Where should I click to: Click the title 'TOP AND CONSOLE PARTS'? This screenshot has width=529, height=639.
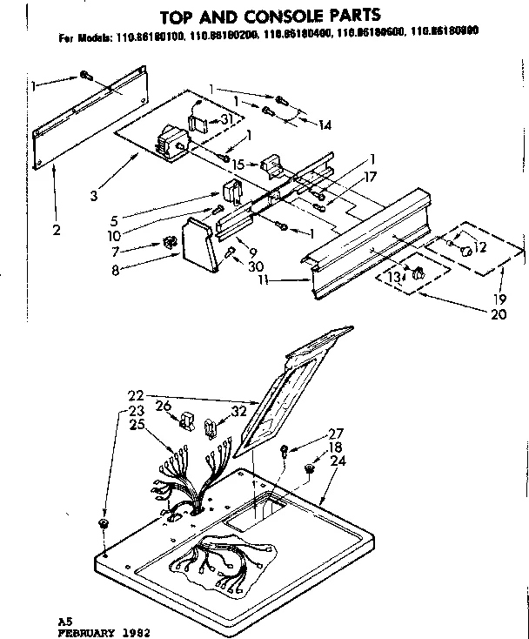click(267, 15)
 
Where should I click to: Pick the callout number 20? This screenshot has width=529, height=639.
click(498, 315)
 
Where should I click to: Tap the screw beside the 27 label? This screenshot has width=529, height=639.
click(284, 453)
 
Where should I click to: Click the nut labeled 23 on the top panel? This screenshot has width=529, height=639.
click(104, 524)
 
